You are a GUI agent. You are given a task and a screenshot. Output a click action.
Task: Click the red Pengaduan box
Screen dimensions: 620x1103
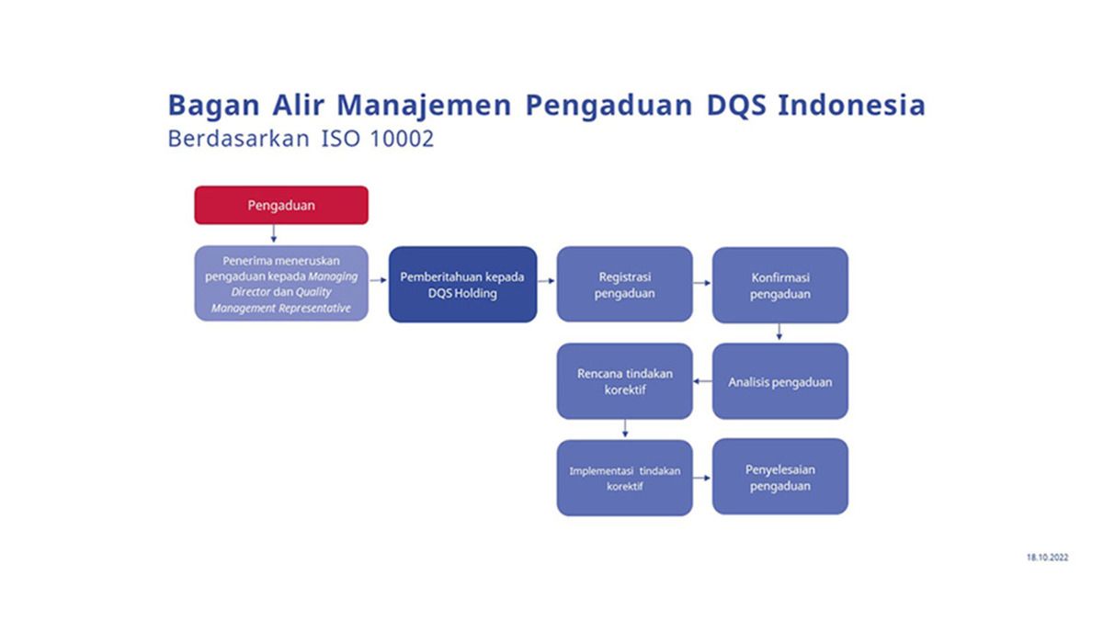[280, 205]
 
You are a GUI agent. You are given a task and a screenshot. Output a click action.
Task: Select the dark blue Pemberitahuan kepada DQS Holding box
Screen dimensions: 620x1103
[462, 284]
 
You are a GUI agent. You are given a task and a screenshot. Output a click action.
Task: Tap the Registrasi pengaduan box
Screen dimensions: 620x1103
[624, 284]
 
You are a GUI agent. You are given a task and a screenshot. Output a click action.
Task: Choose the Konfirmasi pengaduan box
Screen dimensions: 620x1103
[779, 285]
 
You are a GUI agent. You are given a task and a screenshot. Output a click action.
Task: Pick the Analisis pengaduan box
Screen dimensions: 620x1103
[779, 381]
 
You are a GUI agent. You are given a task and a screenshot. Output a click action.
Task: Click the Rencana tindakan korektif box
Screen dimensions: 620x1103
[624, 381]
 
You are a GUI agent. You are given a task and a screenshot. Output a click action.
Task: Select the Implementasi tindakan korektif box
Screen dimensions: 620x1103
[624, 478]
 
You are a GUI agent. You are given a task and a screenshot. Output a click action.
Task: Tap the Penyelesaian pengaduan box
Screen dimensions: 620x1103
[779, 477]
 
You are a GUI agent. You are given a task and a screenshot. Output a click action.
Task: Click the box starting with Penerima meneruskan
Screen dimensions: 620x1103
[280, 284]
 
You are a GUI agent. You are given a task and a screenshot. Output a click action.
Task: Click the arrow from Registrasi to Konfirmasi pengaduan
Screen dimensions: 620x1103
[702, 283]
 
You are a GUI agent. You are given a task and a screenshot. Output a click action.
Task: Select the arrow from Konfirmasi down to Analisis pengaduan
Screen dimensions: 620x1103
[779, 333]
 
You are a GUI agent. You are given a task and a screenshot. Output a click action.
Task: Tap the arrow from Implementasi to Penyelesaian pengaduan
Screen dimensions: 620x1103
[702, 478]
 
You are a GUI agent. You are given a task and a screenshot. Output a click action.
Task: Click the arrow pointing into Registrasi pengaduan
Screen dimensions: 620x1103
[546, 282]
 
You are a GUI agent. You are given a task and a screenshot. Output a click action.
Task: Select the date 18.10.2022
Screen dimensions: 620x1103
[1048, 558]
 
